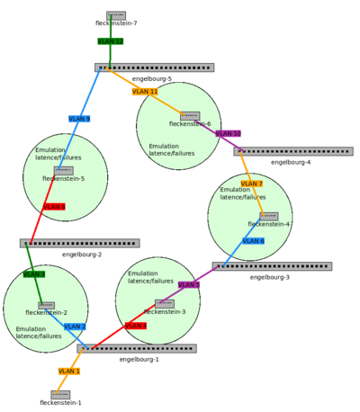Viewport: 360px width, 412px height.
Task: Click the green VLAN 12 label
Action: click(x=110, y=41)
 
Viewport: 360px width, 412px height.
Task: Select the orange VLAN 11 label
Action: click(x=145, y=92)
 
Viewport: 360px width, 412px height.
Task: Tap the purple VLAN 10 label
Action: click(x=228, y=133)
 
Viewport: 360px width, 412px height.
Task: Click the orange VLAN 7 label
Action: click(x=251, y=184)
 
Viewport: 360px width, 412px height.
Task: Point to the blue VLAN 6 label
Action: click(x=253, y=241)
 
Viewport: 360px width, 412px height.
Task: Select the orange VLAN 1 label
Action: click(x=69, y=371)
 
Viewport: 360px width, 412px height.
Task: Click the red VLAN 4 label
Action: click(x=136, y=326)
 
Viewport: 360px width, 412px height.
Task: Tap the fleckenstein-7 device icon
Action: click(x=116, y=15)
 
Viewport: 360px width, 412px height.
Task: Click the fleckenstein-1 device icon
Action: click(x=60, y=394)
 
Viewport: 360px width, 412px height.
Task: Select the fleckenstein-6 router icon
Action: click(x=189, y=116)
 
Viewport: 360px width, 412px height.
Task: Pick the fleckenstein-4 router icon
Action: click(x=268, y=216)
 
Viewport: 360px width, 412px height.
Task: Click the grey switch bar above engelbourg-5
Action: click(x=154, y=67)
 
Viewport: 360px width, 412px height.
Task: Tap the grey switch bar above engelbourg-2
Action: click(x=79, y=243)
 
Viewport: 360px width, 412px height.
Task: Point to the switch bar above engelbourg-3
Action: click(x=272, y=266)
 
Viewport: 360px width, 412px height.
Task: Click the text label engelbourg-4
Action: click(x=291, y=162)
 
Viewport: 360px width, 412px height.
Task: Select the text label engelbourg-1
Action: click(x=139, y=359)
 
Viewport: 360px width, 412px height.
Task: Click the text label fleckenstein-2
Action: click(x=46, y=312)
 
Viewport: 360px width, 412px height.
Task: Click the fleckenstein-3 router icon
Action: click(x=164, y=303)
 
